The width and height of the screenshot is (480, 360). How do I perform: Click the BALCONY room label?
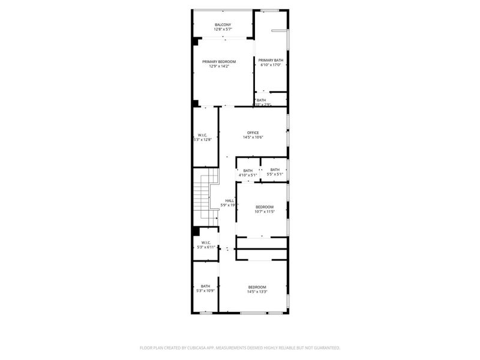point(223,25)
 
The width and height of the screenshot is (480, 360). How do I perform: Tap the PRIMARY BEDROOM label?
point(218,62)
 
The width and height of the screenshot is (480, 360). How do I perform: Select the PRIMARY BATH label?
point(271,60)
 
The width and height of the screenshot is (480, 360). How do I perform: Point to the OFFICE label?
point(253,133)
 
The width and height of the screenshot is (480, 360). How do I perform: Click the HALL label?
point(229,200)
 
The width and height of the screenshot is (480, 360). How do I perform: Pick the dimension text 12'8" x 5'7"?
point(223,29)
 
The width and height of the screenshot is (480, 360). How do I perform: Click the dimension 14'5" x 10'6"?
point(253,137)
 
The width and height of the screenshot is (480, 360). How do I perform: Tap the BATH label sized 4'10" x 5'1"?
point(248,170)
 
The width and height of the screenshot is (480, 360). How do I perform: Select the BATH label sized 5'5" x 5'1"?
point(275,170)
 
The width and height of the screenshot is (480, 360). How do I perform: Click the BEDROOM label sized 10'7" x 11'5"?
point(264,207)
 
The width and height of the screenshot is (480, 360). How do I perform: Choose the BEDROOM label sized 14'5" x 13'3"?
point(257,287)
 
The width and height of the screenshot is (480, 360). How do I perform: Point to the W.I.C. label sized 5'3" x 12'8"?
point(203,135)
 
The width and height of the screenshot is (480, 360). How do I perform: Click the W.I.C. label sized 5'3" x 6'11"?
point(205,242)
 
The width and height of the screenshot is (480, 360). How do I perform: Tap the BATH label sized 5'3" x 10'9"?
point(205,286)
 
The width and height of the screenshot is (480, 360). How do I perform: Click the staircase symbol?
point(208,195)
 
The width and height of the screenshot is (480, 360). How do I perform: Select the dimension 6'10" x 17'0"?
point(271,65)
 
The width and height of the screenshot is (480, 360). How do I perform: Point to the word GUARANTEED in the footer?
point(325,347)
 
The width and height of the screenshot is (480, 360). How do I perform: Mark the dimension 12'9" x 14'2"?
point(218,67)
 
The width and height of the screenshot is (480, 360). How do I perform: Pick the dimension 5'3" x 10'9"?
point(205,291)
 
